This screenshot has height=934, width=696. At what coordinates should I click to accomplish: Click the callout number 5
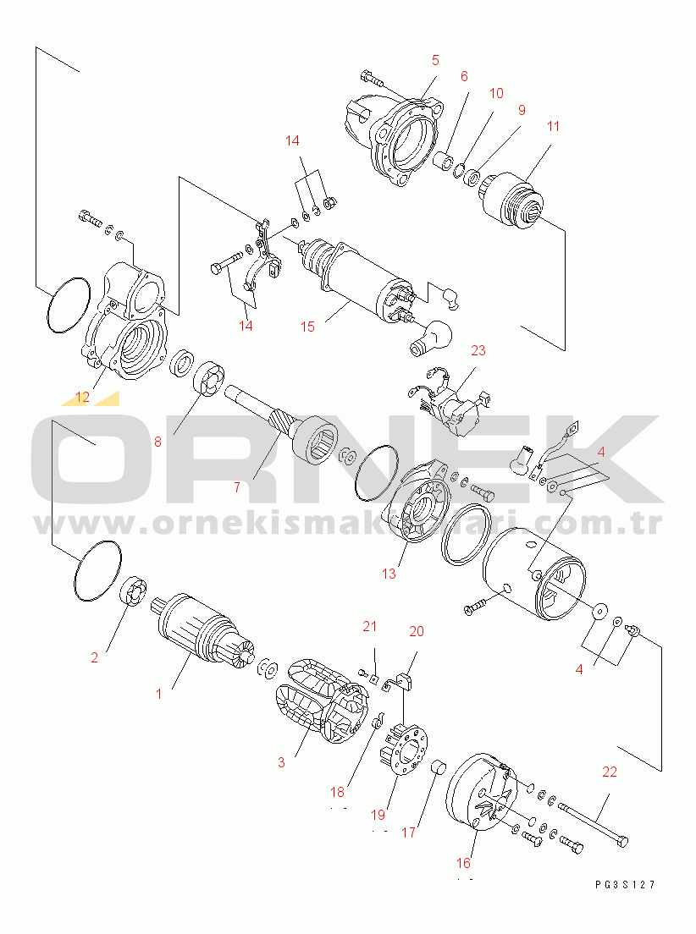coord(435,60)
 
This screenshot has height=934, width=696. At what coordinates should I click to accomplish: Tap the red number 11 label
coord(553,128)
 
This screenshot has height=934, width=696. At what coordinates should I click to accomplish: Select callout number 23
coord(479,350)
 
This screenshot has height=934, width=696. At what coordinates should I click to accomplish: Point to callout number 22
coord(610,772)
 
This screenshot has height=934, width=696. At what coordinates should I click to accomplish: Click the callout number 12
coord(82,396)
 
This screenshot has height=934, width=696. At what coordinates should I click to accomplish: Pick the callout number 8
coord(157,441)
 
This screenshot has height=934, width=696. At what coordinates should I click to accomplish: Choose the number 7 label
coord(237,486)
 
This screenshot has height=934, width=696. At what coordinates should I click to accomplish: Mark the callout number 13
coord(389,574)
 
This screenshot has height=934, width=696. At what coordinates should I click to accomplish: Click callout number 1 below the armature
coord(158,694)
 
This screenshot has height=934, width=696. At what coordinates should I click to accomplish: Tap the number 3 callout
coord(281,762)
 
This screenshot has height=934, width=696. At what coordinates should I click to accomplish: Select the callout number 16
coord(463,863)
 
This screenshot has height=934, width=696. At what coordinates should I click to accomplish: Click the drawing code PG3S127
coord(625,885)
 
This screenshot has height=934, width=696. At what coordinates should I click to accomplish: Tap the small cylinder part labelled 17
coord(439,767)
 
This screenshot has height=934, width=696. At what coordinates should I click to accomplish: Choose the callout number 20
coord(417,631)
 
